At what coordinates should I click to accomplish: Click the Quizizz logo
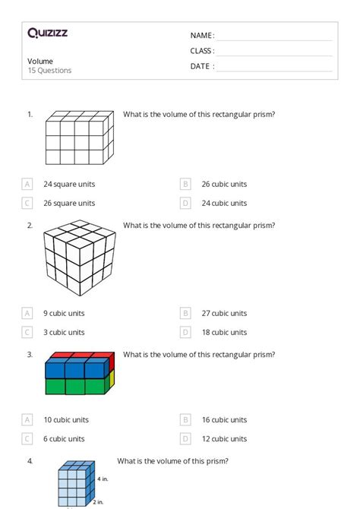48,33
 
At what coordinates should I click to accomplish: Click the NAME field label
202,36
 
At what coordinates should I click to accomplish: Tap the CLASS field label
202,51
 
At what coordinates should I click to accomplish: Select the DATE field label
202,66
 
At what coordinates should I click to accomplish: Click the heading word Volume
40,61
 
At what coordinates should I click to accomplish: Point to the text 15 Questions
49,71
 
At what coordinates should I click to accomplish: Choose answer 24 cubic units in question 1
229,203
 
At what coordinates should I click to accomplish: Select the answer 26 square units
69,203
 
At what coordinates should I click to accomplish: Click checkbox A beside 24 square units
27,184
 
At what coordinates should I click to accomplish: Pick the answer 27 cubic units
229,313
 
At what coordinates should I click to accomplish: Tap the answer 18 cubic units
229,332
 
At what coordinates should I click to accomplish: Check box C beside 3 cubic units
27,332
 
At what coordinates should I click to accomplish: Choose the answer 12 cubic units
229,438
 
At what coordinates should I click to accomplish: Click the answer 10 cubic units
66,419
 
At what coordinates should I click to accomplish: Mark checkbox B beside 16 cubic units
185,419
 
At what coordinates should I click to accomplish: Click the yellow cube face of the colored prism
111,378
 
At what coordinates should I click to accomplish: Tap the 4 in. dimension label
103,479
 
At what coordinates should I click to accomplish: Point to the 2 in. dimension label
99,502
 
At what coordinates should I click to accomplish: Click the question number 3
30,354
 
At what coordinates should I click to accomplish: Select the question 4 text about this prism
172,460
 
